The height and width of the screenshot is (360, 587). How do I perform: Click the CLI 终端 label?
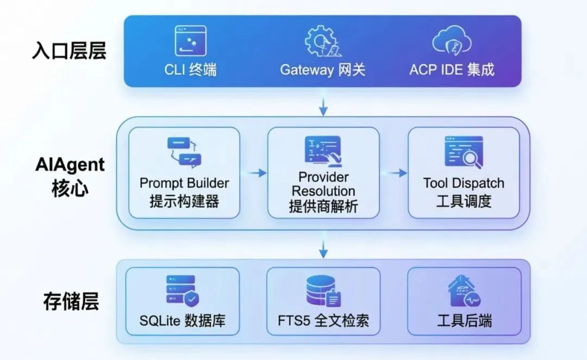coord(190,70)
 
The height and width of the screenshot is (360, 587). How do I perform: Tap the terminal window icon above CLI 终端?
coord(190,41)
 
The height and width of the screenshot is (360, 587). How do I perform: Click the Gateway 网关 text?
coord(323,70)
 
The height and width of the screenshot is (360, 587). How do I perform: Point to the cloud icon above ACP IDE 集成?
coord(451,41)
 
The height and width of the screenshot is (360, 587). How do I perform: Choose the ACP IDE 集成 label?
coord(452,70)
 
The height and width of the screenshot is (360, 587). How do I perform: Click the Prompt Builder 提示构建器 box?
coord(184,172)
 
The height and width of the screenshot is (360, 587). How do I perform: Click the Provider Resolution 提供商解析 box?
coord(323,172)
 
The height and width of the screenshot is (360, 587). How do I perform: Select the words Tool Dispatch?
coord(464,183)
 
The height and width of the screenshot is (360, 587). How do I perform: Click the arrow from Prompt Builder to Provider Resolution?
coord(254,173)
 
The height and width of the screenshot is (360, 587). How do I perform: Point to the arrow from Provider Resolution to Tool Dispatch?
coord(394,173)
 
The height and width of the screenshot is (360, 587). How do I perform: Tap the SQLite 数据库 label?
coord(183,320)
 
